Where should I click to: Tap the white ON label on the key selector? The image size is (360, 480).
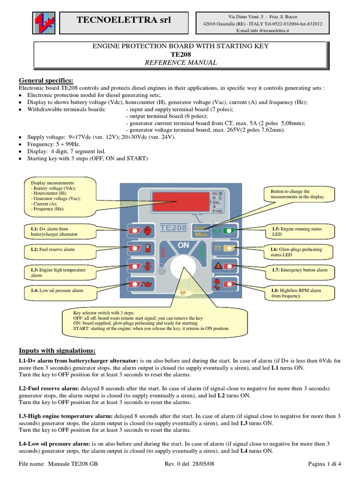tap(183, 245)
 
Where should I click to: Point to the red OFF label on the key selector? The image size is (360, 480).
tap(164, 252)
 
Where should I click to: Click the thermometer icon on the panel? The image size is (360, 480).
tap(148, 265)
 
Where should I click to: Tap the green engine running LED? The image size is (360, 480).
tap(229, 230)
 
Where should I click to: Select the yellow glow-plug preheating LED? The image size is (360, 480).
tap(229, 248)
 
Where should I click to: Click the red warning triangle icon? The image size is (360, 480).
tap(217, 266)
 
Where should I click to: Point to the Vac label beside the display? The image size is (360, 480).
tap(216, 202)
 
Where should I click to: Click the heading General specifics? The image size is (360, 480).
tap(46, 80)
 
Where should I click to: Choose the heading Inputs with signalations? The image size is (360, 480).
tap(57, 351)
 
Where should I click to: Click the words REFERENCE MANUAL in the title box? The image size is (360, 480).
tap(180, 62)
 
